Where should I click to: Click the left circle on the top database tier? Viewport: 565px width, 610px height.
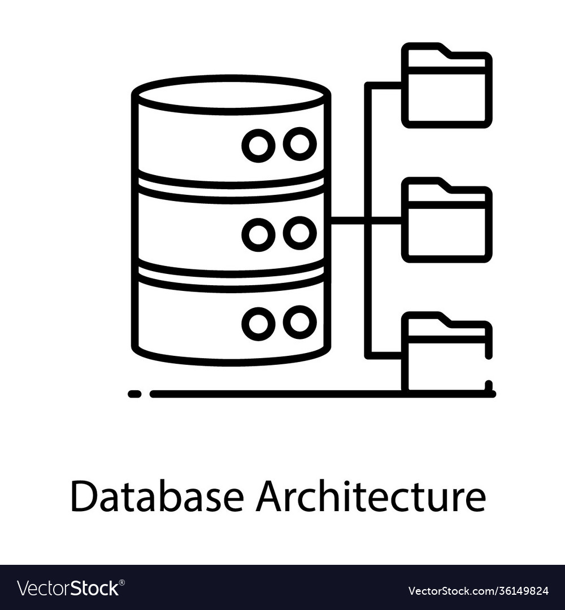258,145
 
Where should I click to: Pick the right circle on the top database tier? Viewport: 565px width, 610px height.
299,144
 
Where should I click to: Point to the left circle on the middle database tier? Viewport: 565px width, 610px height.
258,234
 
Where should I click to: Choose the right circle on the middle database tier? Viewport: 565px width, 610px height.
299,233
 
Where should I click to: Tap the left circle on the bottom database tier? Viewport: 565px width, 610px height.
258,323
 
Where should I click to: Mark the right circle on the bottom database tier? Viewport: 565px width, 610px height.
299,322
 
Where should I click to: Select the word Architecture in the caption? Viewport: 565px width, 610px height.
371,497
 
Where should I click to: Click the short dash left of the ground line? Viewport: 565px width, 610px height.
134,394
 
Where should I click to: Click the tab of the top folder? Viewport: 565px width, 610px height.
424,50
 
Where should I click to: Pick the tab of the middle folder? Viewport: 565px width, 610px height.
424,185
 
